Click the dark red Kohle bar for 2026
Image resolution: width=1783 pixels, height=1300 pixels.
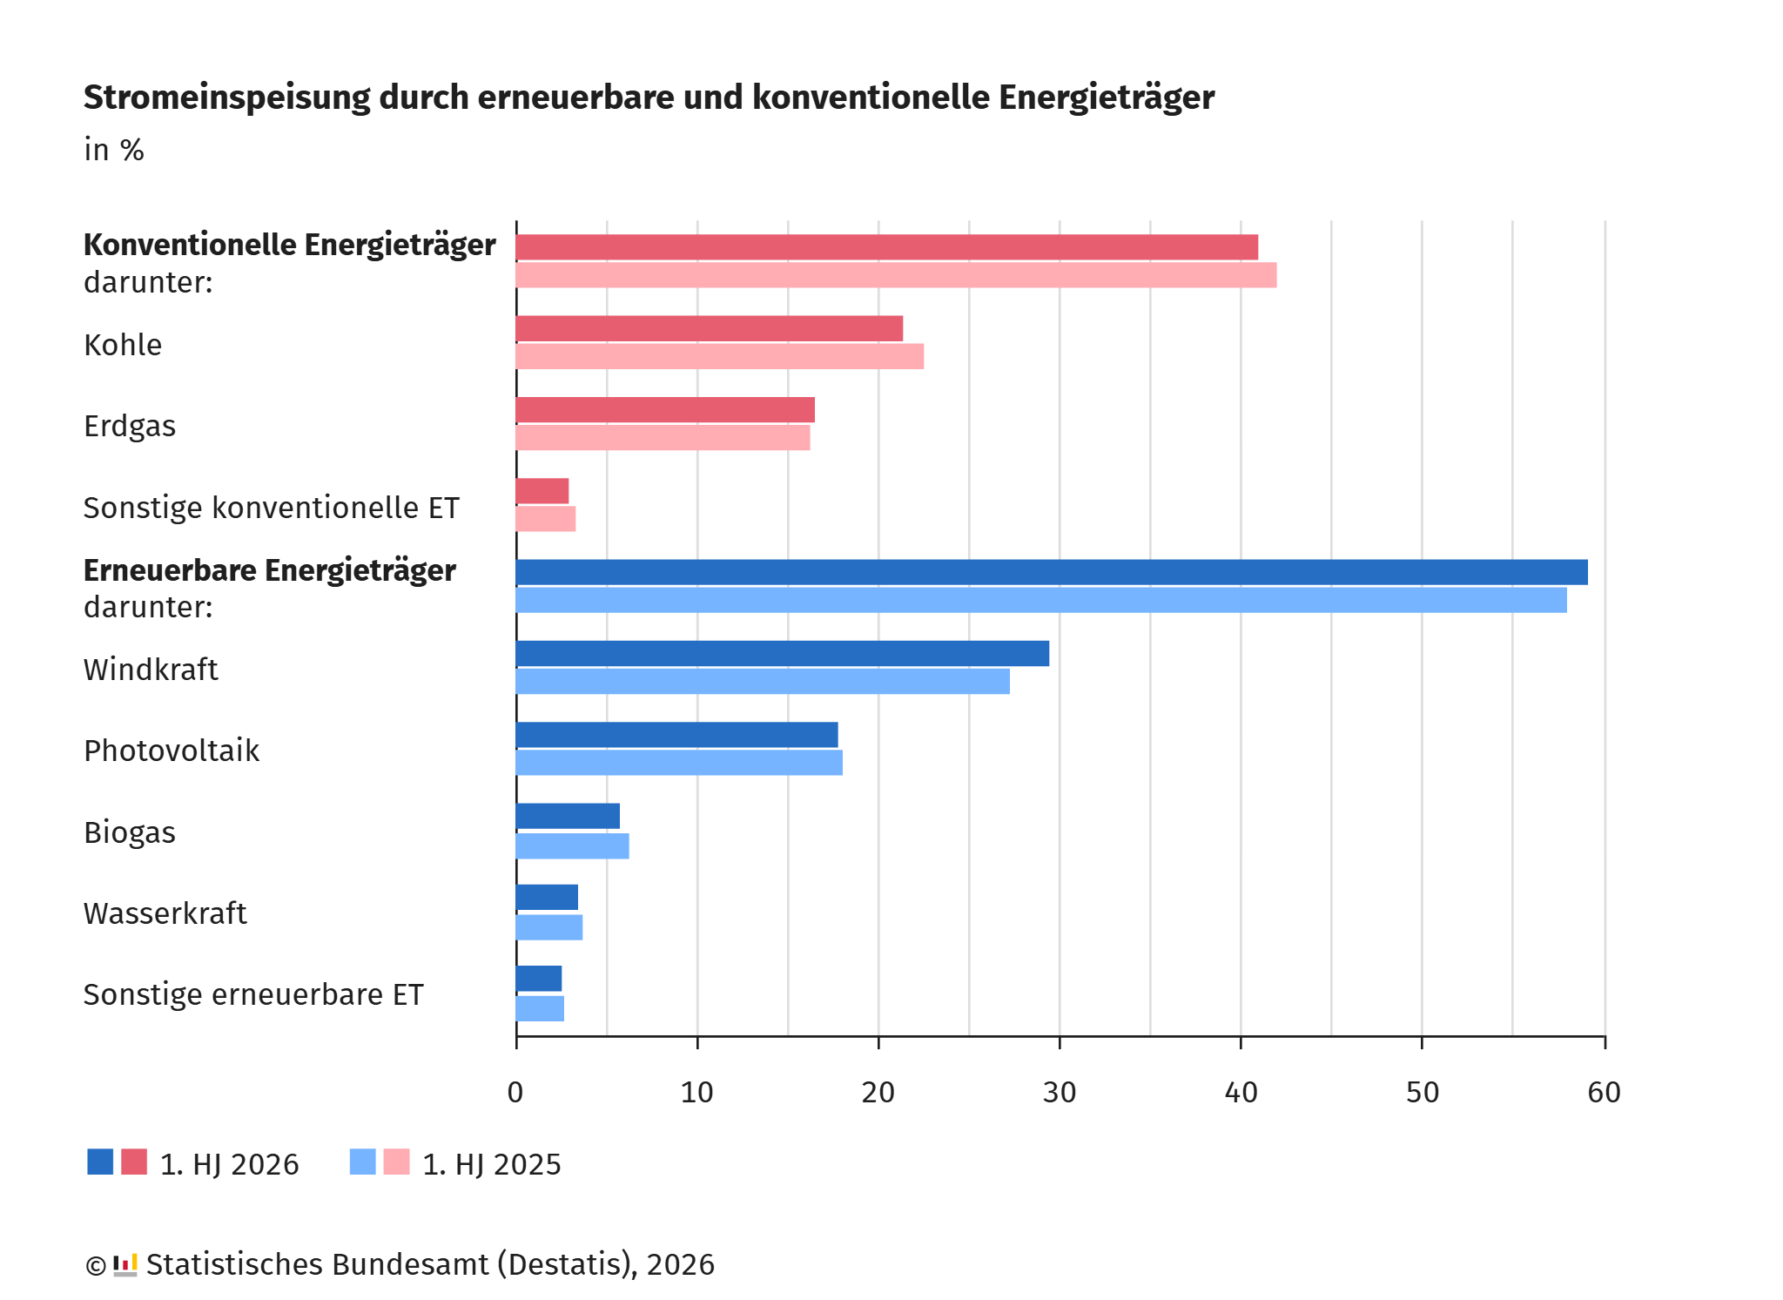(710, 328)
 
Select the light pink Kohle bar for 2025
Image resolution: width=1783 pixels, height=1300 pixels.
(720, 356)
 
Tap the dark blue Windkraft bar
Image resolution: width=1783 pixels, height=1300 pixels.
(783, 653)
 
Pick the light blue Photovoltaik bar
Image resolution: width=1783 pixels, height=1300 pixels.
(679, 763)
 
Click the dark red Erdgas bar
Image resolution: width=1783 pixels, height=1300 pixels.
(665, 409)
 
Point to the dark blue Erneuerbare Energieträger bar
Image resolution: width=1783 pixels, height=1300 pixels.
(1052, 572)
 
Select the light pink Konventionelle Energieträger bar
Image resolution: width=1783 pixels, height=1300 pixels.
(897, 275)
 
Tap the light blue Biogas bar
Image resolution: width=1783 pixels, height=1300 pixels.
(573, 846)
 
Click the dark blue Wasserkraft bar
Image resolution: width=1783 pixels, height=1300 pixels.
(547, 897)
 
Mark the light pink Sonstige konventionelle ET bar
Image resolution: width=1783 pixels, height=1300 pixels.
(546, 519)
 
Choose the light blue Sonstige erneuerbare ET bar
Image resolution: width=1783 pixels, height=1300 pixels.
(540, 1008)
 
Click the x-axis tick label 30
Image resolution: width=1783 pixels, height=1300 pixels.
(1060, 1093)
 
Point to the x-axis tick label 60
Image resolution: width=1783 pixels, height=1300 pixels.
(1604, 1093)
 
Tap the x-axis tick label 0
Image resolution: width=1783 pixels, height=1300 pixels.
(515, 1093)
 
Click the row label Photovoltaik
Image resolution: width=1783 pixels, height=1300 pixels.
(172, 751)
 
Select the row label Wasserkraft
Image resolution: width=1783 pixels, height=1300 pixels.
(165, 913)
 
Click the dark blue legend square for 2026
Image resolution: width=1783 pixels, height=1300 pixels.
(100, 1162)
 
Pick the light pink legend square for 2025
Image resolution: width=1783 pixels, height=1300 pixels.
(396, 1162)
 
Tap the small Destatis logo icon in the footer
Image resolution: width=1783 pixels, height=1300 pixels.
(125, 1265)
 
